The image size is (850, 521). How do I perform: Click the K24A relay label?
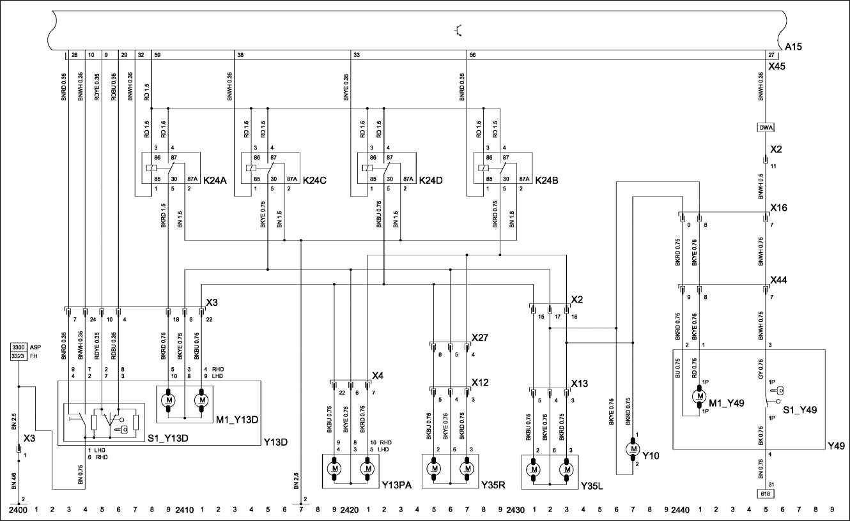(216, 181)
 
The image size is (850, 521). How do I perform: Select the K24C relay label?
(316, 181)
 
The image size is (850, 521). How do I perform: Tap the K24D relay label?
(431, 181)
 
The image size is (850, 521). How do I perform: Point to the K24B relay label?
(547, 181)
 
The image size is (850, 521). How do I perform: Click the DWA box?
(766, 128)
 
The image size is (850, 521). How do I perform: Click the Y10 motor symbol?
(634, 449)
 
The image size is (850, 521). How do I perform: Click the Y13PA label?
(396, 485)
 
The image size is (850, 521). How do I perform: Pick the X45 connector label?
(777, 66)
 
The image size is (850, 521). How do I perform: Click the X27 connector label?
(480, 337)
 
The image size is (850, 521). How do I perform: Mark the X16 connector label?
(779, 208)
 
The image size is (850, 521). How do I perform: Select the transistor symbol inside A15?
(458, 29)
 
